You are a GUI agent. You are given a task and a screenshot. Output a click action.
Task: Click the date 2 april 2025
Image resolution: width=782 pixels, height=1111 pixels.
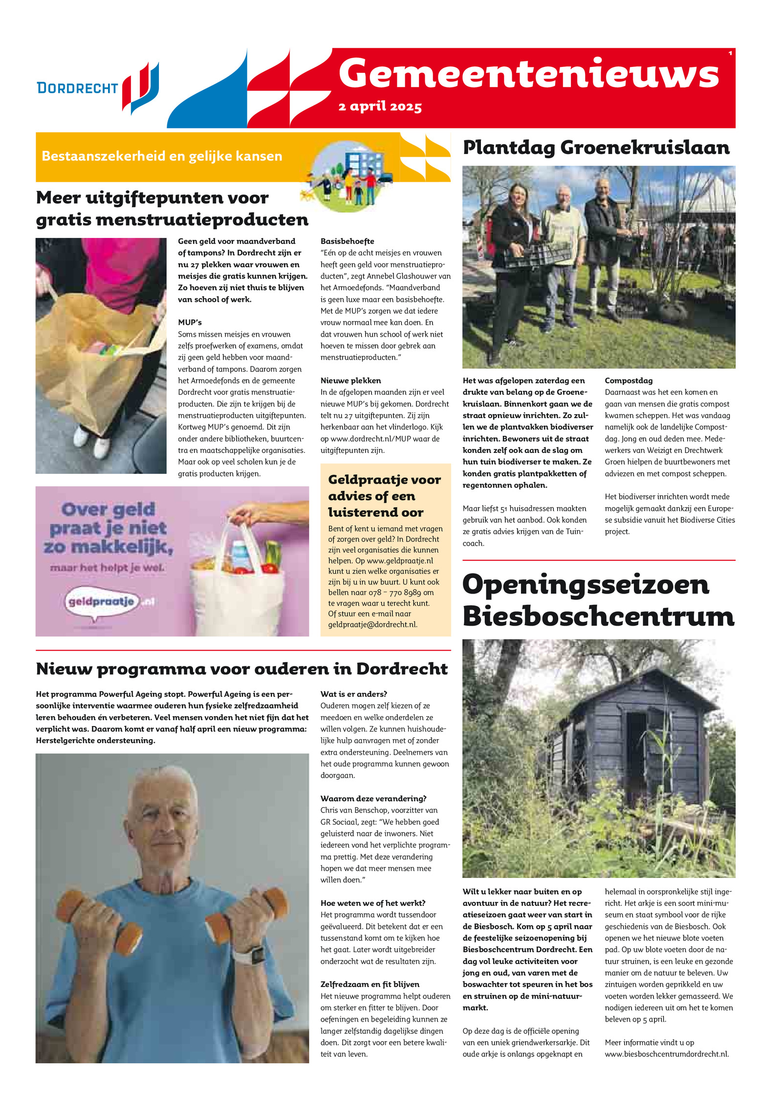pyautogui.click(x=380, y=107)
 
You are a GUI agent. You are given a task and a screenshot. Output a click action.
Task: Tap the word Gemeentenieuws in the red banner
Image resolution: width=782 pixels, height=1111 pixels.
pyautogui.click(x=528, y=74)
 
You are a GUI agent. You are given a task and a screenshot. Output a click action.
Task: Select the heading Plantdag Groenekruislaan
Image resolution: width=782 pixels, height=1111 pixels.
pyautogui.click(x=596, y=148)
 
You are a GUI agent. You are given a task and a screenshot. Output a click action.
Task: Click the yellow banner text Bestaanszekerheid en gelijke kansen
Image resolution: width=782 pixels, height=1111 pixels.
pyautogui.click(x=162, y=156)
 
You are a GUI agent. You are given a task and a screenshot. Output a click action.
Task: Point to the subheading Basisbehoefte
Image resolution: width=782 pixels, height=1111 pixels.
pyautogui.click(x=347, y=241)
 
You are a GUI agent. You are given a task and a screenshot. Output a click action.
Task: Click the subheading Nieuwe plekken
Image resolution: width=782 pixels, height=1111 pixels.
pyautogui.click(x=350, y=381)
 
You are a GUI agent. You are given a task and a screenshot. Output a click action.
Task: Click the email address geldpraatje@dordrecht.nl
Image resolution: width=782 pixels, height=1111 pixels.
pyautogui.click(x=372, y=624)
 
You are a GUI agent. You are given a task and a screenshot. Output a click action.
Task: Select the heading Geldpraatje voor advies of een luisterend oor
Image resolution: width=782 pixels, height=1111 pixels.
pyautogui.click(x=384, y=495)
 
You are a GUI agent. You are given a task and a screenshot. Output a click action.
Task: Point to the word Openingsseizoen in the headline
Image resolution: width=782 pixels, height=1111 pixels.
pyautogui.click(x=585, y=584)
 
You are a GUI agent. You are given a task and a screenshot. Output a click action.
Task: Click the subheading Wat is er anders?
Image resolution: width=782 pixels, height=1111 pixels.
pyautogui.click(x=353, y=694)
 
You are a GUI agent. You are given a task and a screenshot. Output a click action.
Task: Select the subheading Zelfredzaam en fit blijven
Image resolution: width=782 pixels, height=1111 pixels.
pyautogui.click(x=369, y=984)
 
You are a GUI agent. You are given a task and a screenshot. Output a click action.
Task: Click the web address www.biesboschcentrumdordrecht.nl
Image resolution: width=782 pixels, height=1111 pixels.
pyautogui.click(x=667, y=1054)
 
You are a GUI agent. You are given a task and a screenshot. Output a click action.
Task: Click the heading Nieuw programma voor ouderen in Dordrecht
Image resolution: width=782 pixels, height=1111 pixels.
pyautogui.click(x=241, y=669)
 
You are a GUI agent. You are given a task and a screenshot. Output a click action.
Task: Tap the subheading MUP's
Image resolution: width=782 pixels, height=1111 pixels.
pyautogui.click(x=190, y=322)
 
